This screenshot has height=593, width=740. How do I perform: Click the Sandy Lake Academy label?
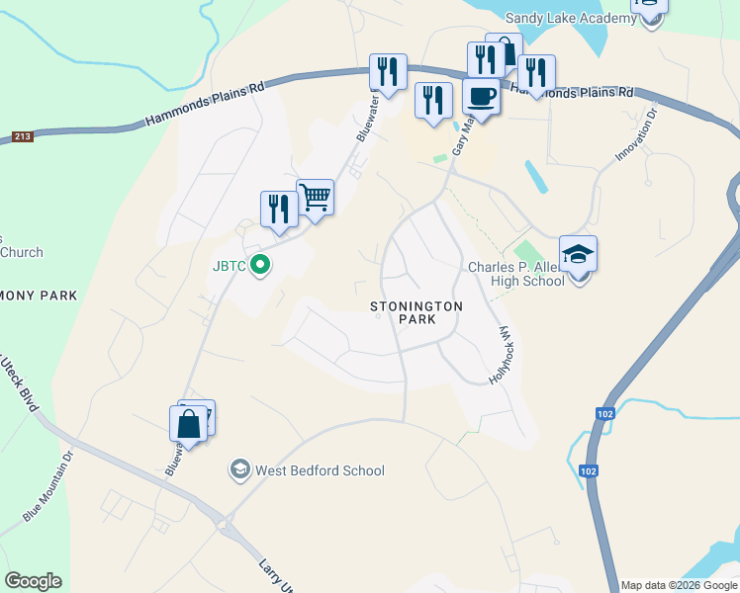point(569,18)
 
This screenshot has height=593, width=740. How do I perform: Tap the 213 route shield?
point(22,137)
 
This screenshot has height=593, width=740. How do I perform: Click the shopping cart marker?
point(316,196)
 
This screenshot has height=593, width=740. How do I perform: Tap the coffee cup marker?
point(481,97)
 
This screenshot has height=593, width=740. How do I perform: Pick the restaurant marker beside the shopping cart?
point(279,209)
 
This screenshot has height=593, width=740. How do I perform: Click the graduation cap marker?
point(578,254)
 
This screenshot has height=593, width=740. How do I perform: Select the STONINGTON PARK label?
point(416,313)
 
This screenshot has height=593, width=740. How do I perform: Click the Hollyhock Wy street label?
point(503,355)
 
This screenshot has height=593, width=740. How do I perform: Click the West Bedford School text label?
point(320,470)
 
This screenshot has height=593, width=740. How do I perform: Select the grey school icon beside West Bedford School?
point(239,469)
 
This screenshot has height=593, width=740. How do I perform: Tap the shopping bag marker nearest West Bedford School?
point(188,424)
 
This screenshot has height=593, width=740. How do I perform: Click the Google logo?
point(33,581)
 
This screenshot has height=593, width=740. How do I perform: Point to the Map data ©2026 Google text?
point(679,585)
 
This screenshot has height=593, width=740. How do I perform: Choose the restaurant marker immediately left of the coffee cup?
point(433,100)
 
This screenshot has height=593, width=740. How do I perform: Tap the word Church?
point(22,252)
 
